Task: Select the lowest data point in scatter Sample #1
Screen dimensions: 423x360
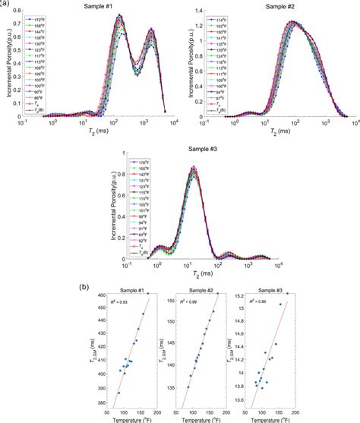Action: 118,393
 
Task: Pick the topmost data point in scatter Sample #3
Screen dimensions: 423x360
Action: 286,295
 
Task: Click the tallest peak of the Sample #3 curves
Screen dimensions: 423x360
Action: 193,167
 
